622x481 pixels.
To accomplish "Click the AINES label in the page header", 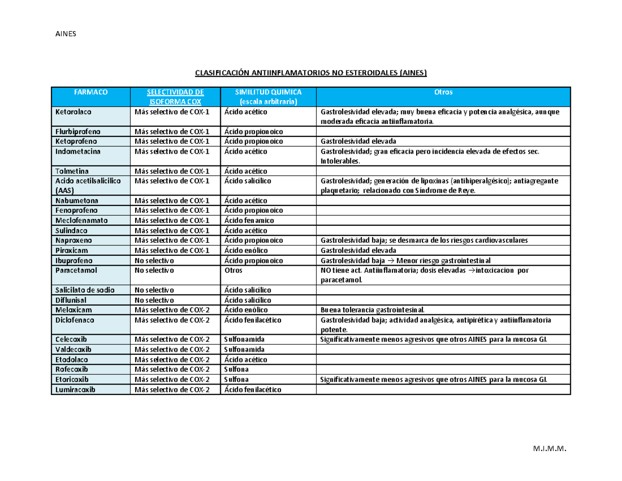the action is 65,34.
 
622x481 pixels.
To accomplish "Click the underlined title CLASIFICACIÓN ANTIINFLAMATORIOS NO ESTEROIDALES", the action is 310,73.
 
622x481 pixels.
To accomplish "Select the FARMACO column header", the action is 90,92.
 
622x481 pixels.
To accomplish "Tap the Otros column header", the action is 444,92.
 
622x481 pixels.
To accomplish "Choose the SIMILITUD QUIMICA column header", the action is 268,92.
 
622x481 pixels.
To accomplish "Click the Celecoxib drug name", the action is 72,339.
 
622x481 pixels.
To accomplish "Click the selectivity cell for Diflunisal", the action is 154,300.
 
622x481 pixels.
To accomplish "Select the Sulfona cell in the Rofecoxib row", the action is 237,369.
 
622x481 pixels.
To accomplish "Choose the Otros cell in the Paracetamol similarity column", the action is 233,270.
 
